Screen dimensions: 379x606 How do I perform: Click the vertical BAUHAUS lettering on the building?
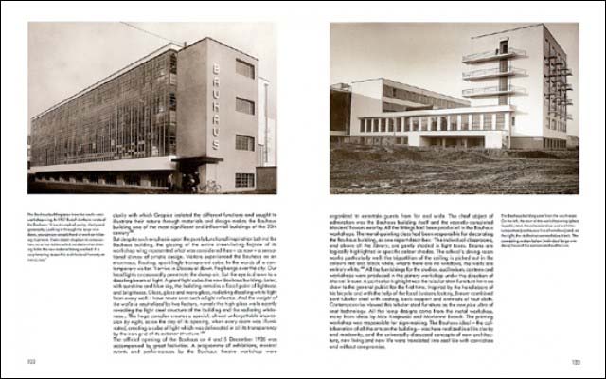[x=216, y=99]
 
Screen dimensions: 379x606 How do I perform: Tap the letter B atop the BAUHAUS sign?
[x=216, y=68]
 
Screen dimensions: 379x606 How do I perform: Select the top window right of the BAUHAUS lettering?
[x=244, y=70]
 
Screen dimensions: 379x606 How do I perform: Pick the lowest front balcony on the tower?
[x=495, y=93]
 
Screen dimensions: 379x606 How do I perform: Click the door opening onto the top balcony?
[x=503, y=45]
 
